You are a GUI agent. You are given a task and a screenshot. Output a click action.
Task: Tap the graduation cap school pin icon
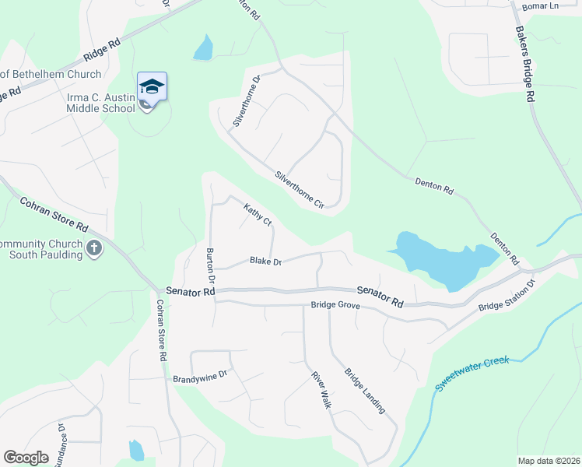coord(151,87)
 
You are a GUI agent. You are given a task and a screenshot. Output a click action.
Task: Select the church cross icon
coord(95,250)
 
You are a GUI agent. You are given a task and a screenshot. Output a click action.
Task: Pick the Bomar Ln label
coord(542,6)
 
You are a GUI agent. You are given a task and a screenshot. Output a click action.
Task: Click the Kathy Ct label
coord(258,216)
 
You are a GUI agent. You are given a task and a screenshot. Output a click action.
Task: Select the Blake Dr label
coord(265,262)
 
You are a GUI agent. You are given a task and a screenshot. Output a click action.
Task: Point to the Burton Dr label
coord(209,265)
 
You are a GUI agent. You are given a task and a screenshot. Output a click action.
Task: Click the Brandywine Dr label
coord(200,374)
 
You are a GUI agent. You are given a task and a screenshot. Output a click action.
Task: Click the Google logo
coord(26,458)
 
